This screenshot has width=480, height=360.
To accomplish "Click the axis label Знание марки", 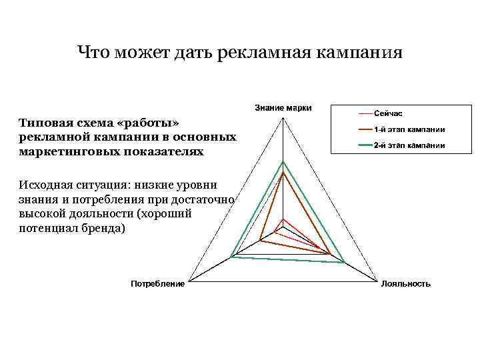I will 283,107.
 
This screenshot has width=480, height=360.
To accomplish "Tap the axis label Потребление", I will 157,284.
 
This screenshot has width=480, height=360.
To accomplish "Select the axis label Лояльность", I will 405,284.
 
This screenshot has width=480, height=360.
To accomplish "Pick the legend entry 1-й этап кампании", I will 409,129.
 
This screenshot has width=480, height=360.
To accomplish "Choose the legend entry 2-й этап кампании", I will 409,145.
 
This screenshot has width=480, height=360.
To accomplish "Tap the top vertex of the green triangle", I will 283,161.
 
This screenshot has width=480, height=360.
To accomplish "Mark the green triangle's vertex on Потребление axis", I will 231,257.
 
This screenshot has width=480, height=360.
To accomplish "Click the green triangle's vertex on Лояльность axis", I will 344,263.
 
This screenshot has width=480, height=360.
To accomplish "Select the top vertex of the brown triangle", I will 283,172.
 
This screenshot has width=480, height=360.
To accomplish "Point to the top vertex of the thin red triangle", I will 283,219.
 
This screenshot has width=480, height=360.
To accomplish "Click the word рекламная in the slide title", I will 259,52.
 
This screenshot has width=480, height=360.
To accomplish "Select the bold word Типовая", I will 43,123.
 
